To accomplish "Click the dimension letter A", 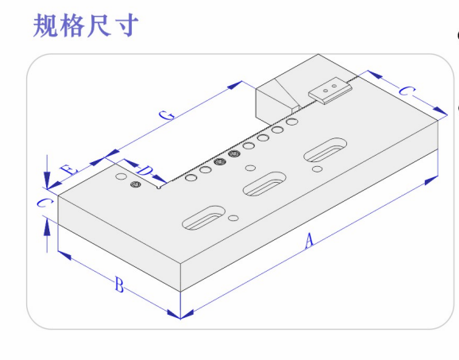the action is click(309, 241).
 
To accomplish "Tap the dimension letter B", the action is click(119, 285).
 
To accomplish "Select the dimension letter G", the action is click(167, 115).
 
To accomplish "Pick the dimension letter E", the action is click(69, 169).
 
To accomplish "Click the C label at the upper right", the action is click(407, 91).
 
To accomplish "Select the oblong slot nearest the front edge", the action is click(204, 217).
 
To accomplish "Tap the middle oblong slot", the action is click(264, 184).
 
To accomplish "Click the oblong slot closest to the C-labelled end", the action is click(326, 149).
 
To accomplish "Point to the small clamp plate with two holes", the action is click(330, 91).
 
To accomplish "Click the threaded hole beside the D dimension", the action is click(136, 184).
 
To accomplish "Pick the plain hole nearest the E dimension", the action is click(121, 176).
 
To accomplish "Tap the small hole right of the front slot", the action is click(233, 218).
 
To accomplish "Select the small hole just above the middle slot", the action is click(250, 168).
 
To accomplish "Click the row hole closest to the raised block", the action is click(292, 122).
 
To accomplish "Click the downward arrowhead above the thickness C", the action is click(47, 180).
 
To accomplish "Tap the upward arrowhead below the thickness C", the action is click(47, 228).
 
